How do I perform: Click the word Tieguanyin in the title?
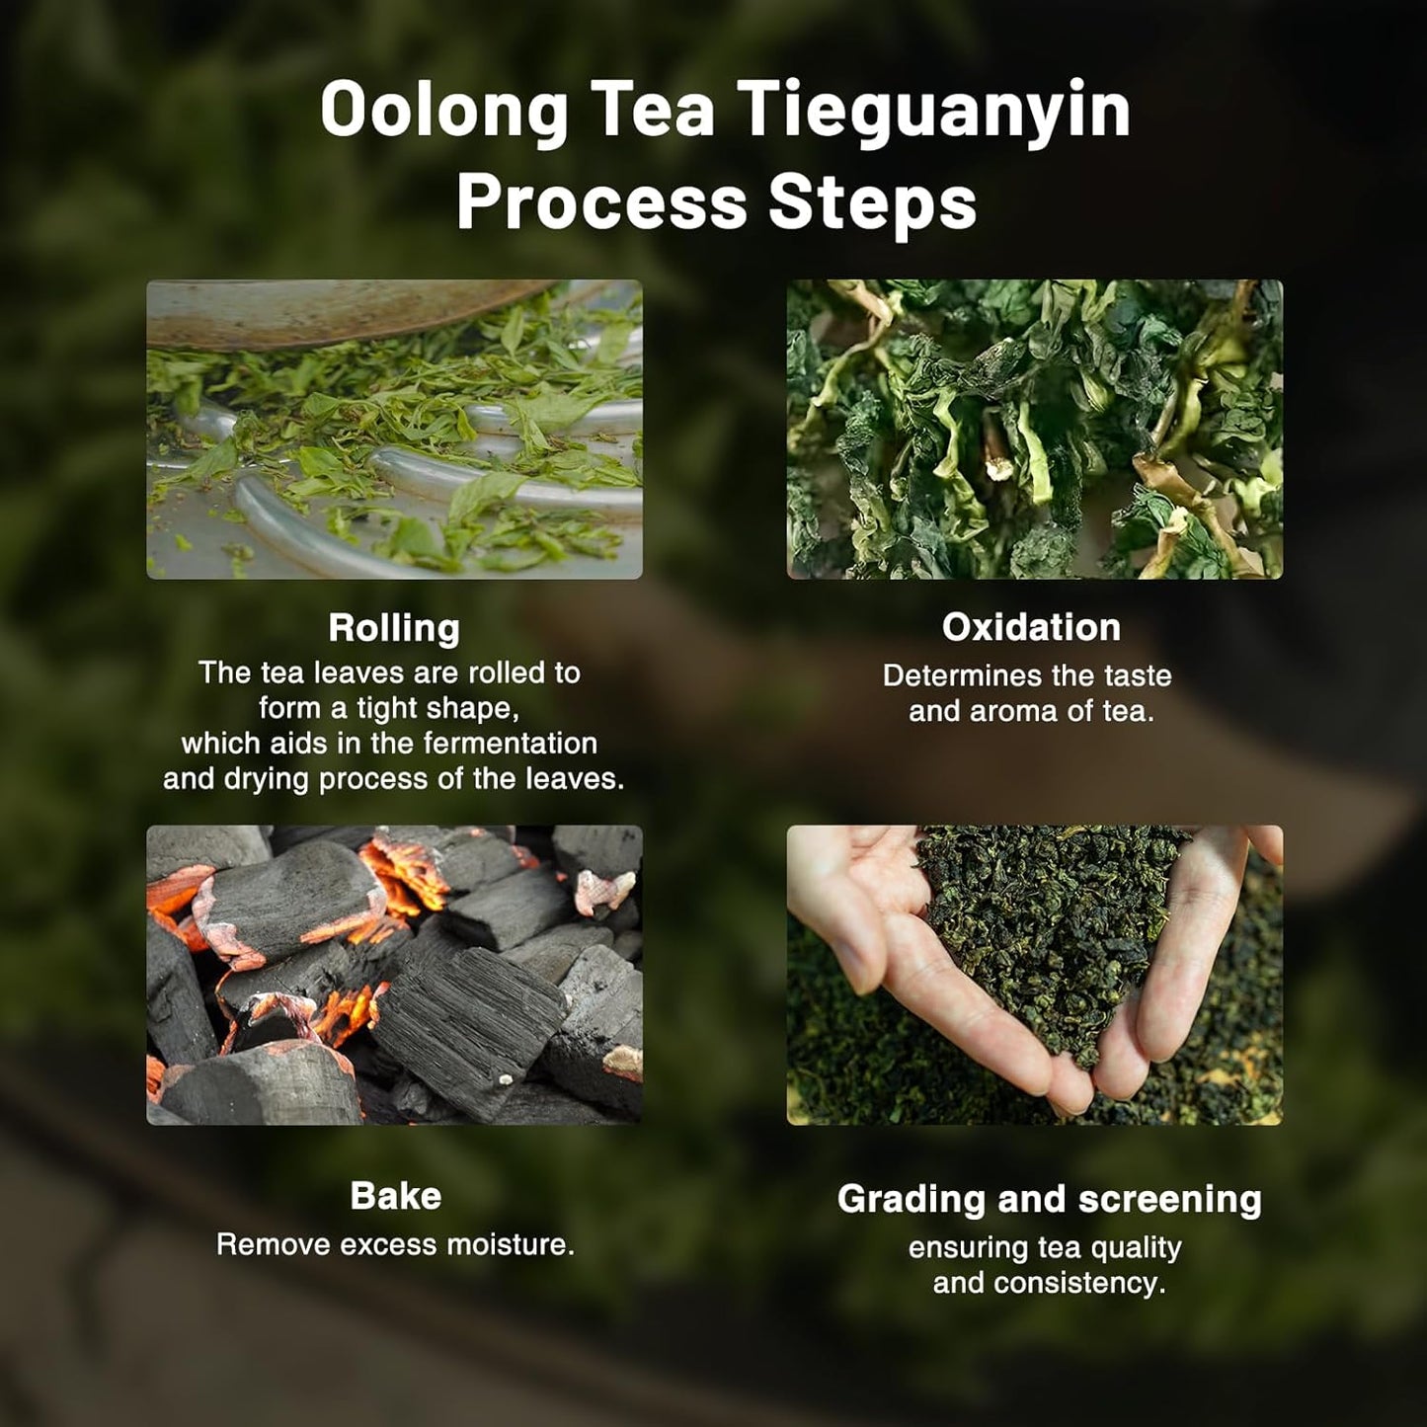[933, 111]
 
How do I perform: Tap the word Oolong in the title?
[443, 111]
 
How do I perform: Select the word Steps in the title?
[873, 203]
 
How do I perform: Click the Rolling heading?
[394, 628]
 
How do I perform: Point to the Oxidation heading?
[1031, 627]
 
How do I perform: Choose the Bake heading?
[395, 1196]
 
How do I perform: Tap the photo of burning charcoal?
[394, 975]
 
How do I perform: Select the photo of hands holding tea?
[1034, 975]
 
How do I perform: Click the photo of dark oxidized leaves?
[1034, 429]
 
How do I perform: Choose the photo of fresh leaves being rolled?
[394, 429]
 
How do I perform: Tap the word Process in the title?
[601, 203]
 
